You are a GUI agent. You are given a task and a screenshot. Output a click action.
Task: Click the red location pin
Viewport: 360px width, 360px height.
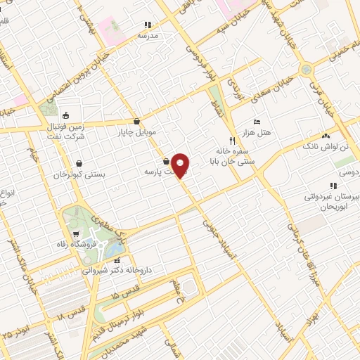click(181, 165)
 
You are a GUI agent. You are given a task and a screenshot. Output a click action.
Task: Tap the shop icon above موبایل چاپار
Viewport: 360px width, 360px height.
click(136, 121)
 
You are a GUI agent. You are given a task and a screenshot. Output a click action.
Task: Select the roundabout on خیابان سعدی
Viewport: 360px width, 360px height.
click(306, 70)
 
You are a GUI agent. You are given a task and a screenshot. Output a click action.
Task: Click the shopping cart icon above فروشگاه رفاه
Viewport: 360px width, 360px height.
click(77, 234)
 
